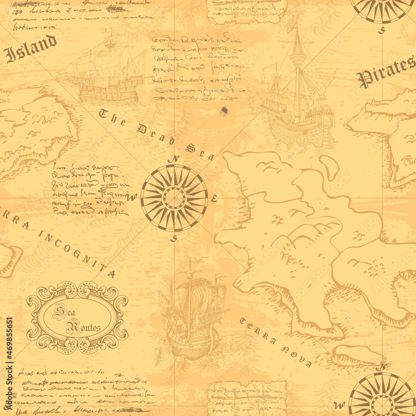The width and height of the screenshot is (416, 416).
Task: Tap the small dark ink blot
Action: click(225, 111)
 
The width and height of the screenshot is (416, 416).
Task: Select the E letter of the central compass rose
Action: click(214, 198)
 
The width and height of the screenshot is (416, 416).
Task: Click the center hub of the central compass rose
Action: click(174, 198)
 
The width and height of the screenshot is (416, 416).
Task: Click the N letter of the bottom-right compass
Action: click(384, 367)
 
